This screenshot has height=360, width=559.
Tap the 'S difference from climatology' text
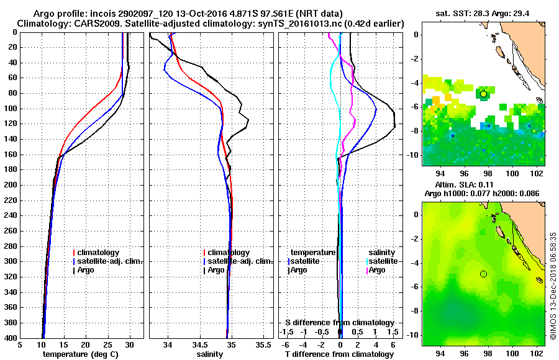pyautogui.click(x=340, y=323)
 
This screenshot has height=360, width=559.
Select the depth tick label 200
pyautogui.click(x=11, y=185)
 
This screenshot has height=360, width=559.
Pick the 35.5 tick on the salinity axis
pyautogui.click(x=263, y=345)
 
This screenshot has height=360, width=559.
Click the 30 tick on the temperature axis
pyautogui.click(x=129, y=345)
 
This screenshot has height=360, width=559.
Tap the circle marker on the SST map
pyautogui.click(x=483, y=94)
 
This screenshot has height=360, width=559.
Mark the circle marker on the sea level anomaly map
pyautogui.click(x=483, y=274)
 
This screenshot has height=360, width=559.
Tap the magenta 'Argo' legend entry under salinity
pyautogui.click(x=378, y=270)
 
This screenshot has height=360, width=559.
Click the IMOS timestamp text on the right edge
pyautogui.click(x=552, y=286)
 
